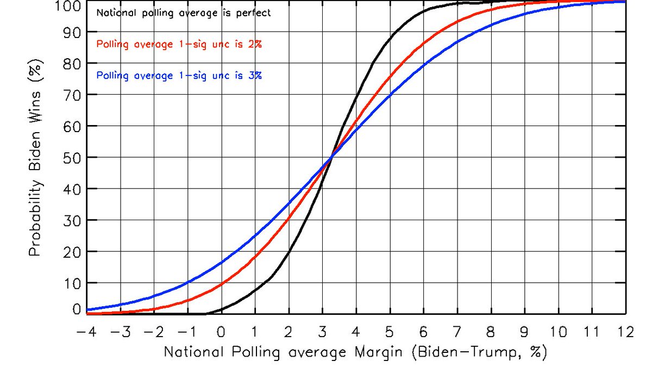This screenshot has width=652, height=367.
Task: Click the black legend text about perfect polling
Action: pos(183,13)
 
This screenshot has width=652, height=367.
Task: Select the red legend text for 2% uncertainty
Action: pos(179,45)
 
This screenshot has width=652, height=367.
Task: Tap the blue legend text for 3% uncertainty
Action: pos(179,76)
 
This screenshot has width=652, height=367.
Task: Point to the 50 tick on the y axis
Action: pos(73,158)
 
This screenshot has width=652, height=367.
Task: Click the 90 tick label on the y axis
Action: pos(73,32)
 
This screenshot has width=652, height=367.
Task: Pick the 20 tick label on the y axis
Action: pos(73,252)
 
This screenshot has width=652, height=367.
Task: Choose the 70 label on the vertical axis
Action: pos(73,95)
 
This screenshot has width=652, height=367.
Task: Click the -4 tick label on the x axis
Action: pos(85,332)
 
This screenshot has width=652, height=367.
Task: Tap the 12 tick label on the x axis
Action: pos(626,332)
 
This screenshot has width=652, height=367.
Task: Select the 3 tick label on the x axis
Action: pos(322,332)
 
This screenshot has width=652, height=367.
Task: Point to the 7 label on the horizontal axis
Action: pos(457,332)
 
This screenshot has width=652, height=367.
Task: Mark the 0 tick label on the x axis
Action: pos(221,332)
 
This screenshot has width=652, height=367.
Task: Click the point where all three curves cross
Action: pos(331,157)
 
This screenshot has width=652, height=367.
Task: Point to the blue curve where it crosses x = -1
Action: pos(187,282)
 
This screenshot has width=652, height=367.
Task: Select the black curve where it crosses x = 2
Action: pos(289,252)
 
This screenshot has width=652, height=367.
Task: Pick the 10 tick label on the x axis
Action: pos(559,332)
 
